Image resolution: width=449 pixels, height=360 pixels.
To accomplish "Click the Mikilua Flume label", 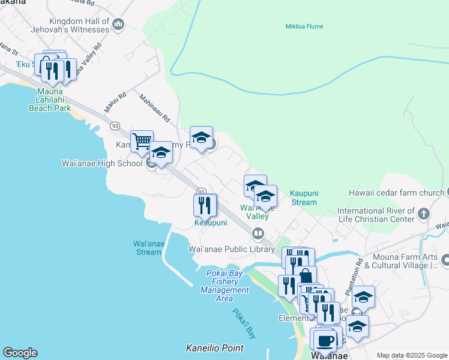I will click(x=299, y=26).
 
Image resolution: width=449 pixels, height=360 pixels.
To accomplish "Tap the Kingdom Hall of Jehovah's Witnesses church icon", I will click(x=118, y=25).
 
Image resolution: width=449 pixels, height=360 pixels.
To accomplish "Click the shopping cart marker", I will click(x=142, y=142).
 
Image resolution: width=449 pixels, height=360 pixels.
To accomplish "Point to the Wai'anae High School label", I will click(x=102, y=163).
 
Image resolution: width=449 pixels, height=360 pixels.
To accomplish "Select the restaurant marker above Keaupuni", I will click(x=205, y=205).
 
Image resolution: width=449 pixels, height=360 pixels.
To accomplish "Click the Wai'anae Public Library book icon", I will click(x=258, y=233).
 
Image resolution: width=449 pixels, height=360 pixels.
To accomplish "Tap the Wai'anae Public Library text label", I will click(x=232, y=249).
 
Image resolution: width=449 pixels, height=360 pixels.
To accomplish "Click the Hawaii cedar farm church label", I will click(x=396, y=193).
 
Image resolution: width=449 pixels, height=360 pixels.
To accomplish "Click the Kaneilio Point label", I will click(x=214, y=348).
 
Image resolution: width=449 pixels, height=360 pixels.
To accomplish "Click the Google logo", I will click(x=20, y=353).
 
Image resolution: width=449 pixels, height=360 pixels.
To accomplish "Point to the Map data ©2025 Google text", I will click(x=412, y=355).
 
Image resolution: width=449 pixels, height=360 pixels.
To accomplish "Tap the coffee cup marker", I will click(x=325, y=340).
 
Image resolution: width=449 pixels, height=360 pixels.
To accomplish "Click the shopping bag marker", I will click(x=305, y=277).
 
